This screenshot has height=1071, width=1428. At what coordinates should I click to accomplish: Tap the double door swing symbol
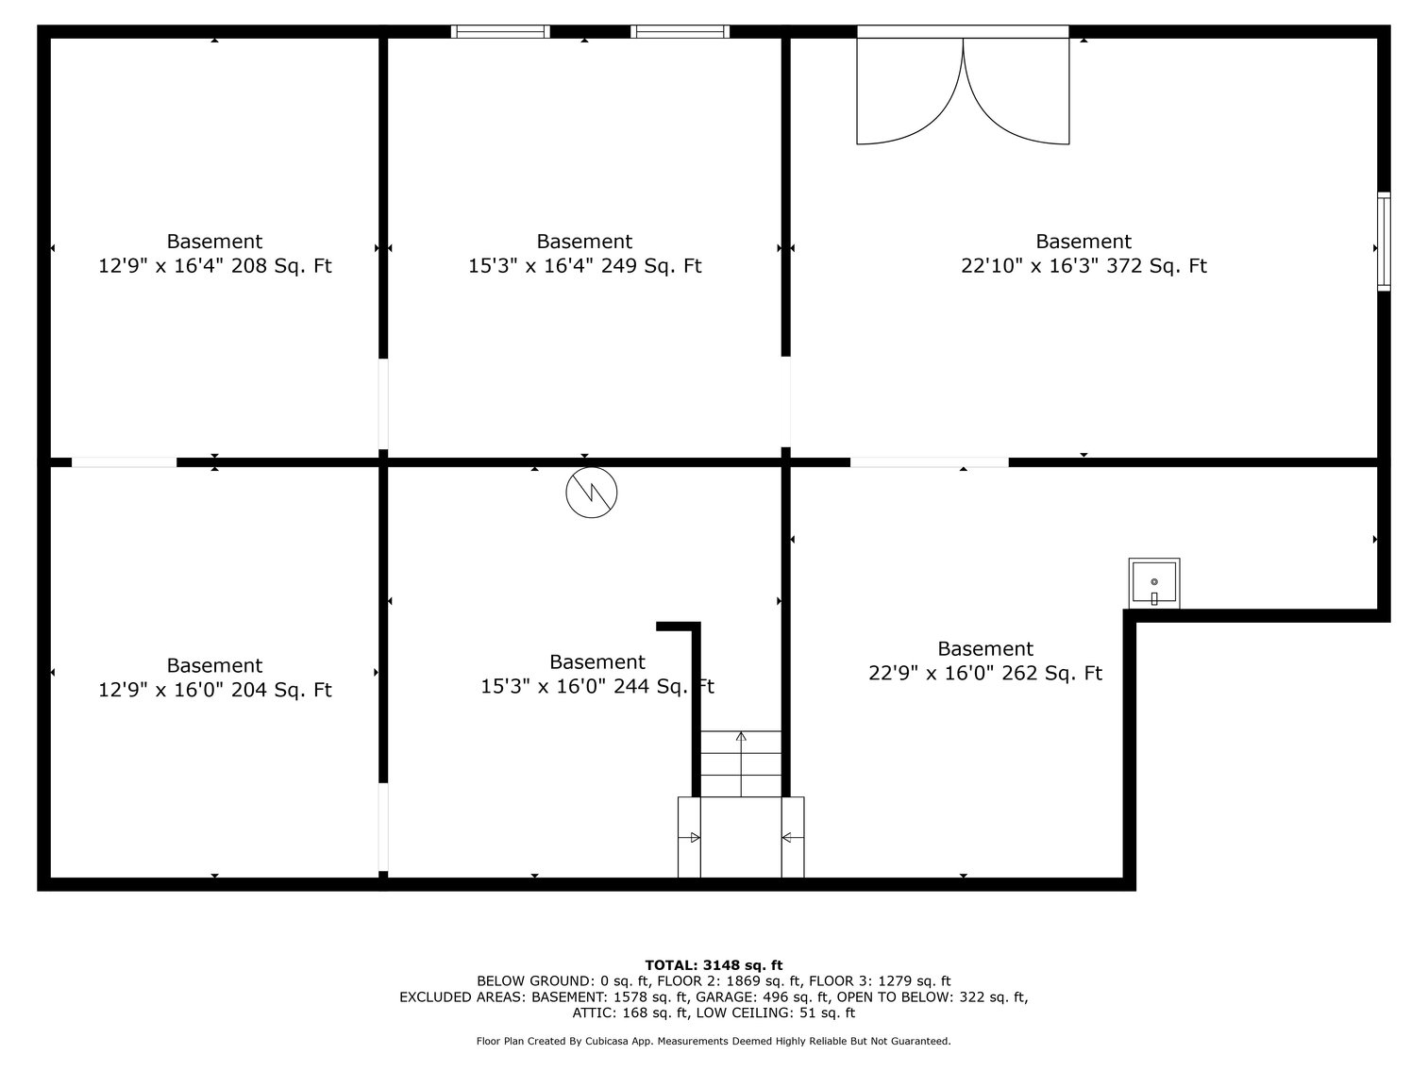(963, 90)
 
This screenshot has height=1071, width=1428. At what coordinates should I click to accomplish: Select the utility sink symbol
(1153, 584)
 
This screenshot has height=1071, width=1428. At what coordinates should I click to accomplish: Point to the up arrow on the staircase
(741, 738)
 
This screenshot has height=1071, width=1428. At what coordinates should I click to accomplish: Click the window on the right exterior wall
(1384, 241)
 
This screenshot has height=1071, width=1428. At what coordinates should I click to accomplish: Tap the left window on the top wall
(500, 31)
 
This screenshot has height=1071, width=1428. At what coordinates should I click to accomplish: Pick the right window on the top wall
(680, 31)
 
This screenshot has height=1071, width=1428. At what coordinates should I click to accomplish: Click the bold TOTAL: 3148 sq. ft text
(714, 964)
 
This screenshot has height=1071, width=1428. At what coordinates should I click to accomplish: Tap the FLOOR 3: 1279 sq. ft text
(887, 980)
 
